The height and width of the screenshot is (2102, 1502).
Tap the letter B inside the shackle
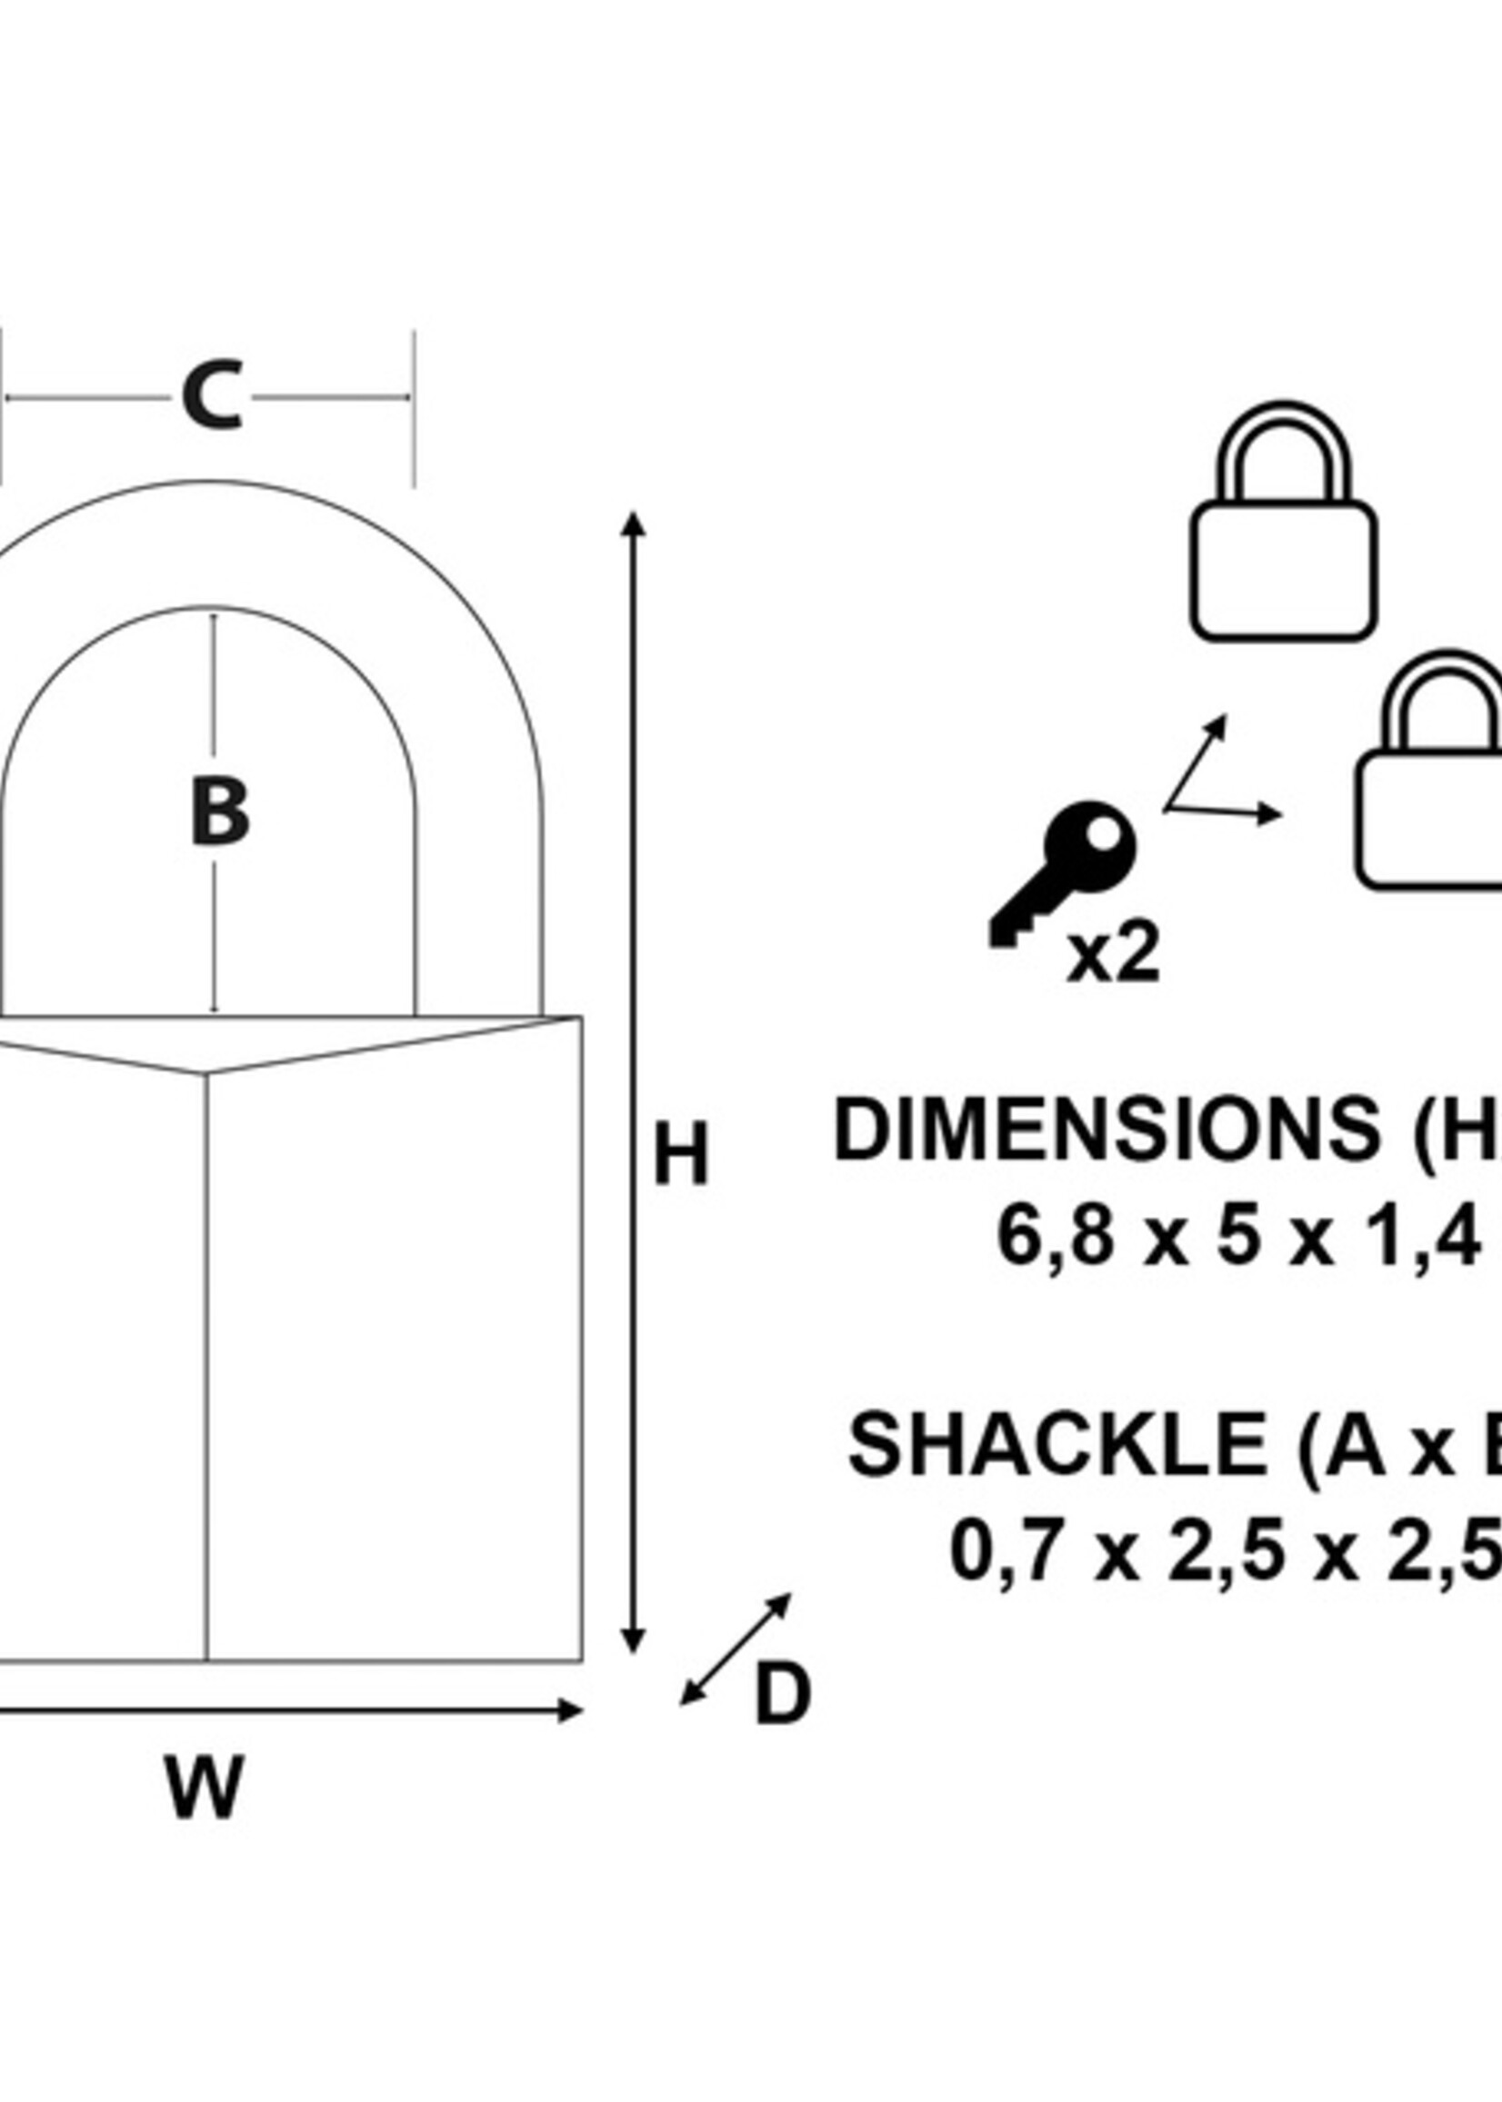click(219, 812)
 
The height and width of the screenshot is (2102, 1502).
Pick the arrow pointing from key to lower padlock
click(1227, 812)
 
